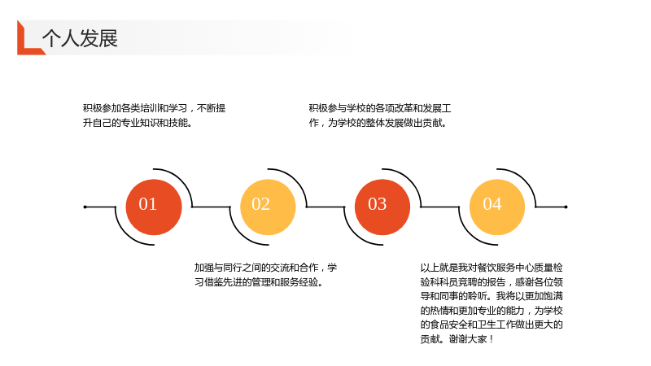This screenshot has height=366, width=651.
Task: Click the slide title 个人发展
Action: coord(80,38)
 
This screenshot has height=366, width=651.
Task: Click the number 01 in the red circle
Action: coord(148,204)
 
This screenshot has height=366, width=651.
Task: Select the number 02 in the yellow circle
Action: coord(260,204)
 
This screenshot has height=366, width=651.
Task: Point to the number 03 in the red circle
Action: coord(377,204)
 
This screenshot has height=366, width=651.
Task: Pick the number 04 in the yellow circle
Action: coord(492,204)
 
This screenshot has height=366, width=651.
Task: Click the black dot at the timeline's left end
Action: coord(85,207)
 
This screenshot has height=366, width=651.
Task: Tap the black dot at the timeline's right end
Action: coord(566,207)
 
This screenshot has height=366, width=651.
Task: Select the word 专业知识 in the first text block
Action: coord(139,123)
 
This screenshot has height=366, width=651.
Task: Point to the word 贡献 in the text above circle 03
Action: coord(433,123)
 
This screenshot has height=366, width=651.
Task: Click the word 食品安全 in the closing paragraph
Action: coord(449,325)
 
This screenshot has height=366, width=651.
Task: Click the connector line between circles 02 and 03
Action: coord(325,207)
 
